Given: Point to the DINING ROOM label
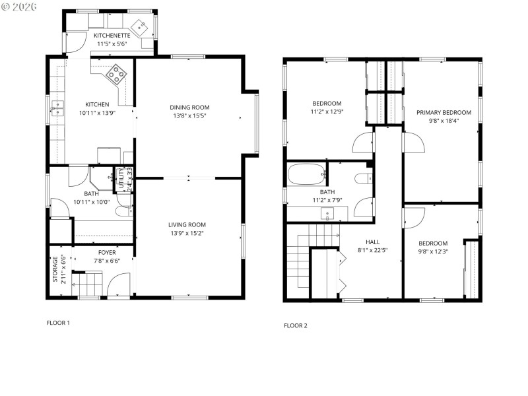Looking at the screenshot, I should coord(189,108).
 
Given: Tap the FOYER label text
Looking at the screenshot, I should coord(107,252).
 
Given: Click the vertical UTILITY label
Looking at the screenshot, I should coord(121,179).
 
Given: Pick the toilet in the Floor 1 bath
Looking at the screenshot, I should coord(123,211).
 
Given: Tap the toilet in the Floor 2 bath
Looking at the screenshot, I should coord(362,180).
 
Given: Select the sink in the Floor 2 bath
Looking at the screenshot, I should coord(327,214).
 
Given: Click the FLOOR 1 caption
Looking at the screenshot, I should coord(58,323).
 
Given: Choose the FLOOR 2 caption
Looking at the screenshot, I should coord(296,325).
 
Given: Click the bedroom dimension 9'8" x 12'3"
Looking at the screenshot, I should coord(433,251).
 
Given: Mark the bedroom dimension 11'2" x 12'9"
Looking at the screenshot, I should coord(327,112).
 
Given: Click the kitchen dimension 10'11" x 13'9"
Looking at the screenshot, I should coord(97,113).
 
